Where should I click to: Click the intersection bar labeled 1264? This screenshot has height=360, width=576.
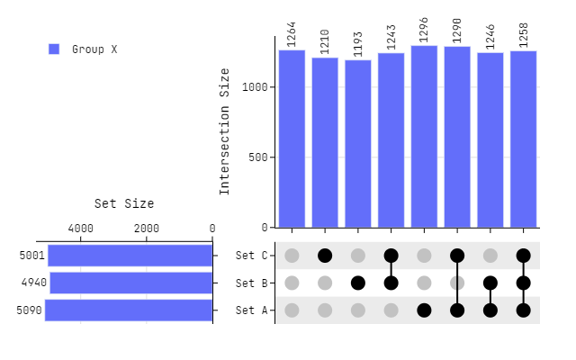[x=292, y=139]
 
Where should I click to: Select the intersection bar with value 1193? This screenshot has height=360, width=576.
[x=358, y=143]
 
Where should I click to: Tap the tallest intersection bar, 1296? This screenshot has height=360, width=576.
[x=424, y=136]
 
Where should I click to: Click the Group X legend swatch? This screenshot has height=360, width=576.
[x=54, y=49]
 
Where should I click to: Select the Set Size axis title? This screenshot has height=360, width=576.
[x=124, y=204]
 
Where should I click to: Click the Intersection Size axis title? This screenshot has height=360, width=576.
[x=225, y=131]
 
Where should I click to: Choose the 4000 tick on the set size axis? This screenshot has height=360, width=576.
[x=80, y=229]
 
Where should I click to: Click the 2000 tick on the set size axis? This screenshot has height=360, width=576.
[x=147, y=229]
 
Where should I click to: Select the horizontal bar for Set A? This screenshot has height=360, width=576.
[x=129, y=310]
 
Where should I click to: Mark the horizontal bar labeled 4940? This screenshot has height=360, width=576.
[x=131, y=283]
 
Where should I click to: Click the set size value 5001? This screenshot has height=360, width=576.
[x=31, y=256]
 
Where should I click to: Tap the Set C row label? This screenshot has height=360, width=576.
[x=251, y=256]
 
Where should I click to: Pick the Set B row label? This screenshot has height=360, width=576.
[x=251, y=283]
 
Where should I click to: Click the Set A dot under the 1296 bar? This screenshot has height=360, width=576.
[x=424, y=310]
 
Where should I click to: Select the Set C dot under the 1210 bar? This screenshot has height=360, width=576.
[x=325, y=256]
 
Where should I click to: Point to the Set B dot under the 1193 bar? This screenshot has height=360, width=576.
[x=358, y=283]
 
